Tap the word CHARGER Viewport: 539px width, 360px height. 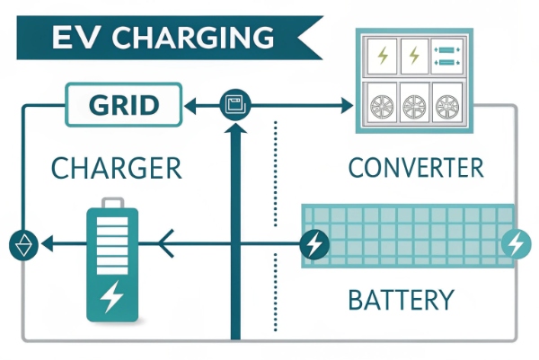(116, 168)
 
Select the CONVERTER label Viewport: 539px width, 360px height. (415, 168)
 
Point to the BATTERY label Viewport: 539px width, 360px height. (400, 299)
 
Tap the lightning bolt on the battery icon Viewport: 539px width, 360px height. (111, 295)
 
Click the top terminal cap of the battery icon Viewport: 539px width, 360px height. (111, 201)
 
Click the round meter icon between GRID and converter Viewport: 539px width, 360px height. (235, 105)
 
